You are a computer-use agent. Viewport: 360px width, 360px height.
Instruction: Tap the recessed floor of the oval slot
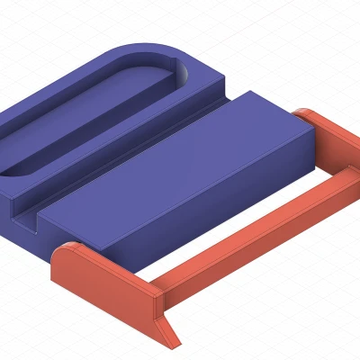pos(90,117)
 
